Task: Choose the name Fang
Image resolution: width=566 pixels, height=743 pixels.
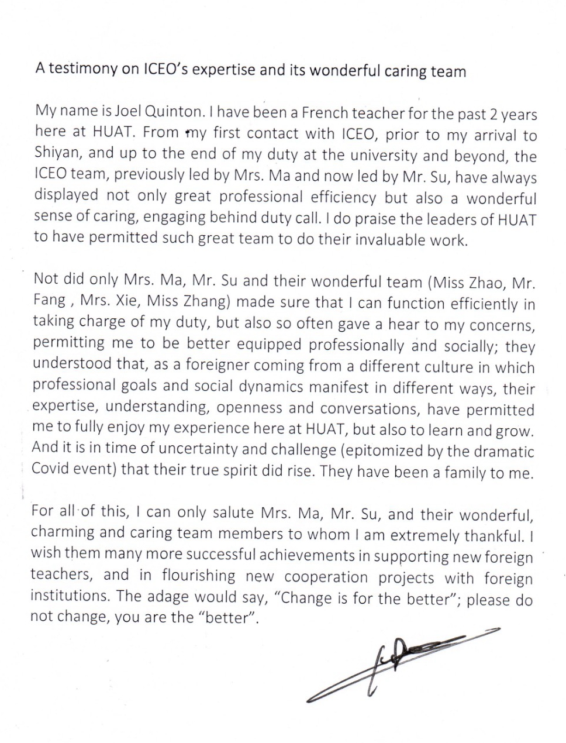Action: click(x=49, y=301)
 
